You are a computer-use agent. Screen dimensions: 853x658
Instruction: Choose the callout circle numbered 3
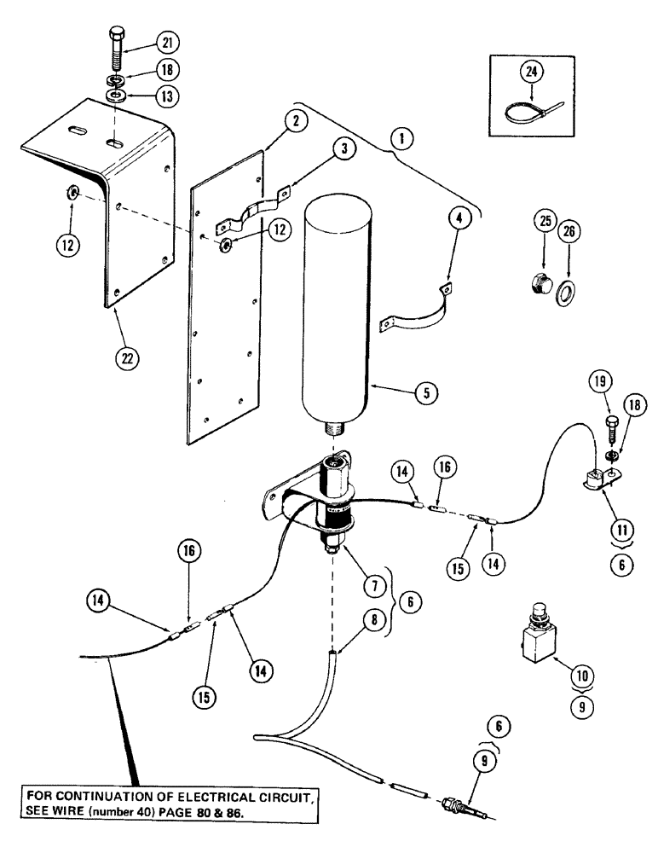point(341,150)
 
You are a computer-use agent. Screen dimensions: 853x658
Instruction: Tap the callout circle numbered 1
point(398,138)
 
